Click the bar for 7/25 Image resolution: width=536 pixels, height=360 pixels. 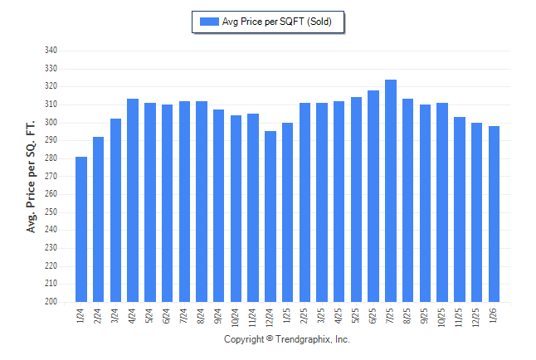(391, 191)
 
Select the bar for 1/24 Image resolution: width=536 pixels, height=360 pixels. (81, 229)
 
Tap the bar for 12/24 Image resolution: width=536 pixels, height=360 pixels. (270, 216)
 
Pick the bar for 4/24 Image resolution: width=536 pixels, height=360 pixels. (133, 200)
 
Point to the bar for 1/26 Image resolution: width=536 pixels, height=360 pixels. (495, 214)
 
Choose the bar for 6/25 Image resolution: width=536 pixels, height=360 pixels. (373, 196)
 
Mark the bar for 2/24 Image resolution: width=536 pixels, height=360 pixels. (99, 219)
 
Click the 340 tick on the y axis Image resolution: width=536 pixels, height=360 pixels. (51, 51)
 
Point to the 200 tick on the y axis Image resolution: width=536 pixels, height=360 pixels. (51, 302)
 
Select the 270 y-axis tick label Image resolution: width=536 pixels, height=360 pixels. (51, 176)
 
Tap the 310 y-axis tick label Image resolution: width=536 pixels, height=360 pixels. (51, 105)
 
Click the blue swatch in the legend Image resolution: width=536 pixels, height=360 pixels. (208, 22)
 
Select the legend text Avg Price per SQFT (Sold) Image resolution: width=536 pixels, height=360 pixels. (277, 22)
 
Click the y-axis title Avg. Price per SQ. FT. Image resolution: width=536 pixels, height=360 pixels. (32, 175)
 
